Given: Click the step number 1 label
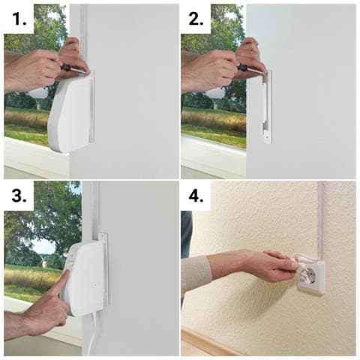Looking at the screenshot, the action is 19,19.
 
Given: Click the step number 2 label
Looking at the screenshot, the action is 196,19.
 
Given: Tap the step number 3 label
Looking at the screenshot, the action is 19,196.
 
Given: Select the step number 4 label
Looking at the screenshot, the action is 196,196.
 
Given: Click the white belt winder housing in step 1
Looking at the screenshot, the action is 71,112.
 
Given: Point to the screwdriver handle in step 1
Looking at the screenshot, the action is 66,67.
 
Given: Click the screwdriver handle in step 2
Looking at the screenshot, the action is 243,67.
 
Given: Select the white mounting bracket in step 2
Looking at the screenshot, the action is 267,107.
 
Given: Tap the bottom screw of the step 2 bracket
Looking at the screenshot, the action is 267,137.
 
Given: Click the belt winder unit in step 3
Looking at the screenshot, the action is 86,277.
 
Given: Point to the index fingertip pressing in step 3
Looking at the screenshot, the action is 67,273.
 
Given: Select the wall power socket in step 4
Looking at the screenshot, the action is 310,277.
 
